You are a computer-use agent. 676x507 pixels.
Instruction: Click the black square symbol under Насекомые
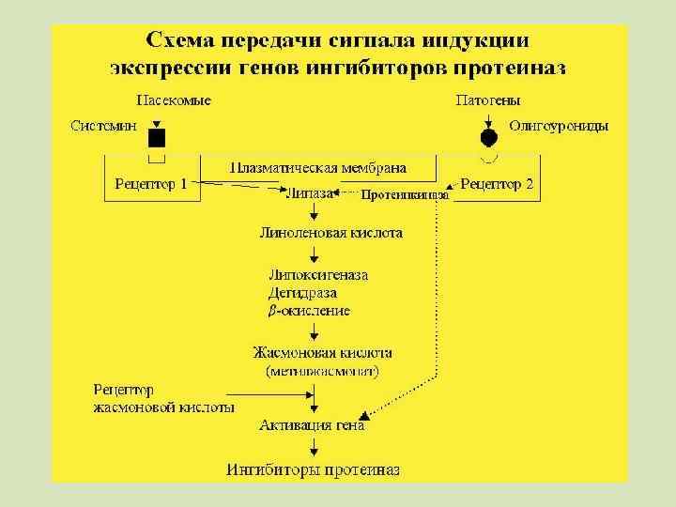157,138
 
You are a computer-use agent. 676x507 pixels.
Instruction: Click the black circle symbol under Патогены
488,138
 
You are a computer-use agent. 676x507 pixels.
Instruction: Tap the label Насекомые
174,100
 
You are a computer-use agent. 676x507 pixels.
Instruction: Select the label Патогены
488,100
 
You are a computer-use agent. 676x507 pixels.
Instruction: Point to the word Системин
104,125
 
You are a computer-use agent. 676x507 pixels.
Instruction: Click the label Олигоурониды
559,125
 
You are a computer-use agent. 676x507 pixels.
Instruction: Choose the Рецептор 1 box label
151,183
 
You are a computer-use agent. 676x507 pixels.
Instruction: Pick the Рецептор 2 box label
498,183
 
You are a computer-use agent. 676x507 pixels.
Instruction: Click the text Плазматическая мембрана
318,168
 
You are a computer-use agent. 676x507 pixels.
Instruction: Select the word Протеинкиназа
405,195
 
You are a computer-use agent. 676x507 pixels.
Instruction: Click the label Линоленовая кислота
330,231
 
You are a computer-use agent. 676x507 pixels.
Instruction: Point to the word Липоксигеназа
318,275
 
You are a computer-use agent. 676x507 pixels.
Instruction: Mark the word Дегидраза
302,292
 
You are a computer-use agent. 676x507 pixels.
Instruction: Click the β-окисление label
309,310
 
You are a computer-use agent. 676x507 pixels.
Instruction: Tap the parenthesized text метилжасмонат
322,371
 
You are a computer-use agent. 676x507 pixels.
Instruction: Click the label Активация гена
312,425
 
